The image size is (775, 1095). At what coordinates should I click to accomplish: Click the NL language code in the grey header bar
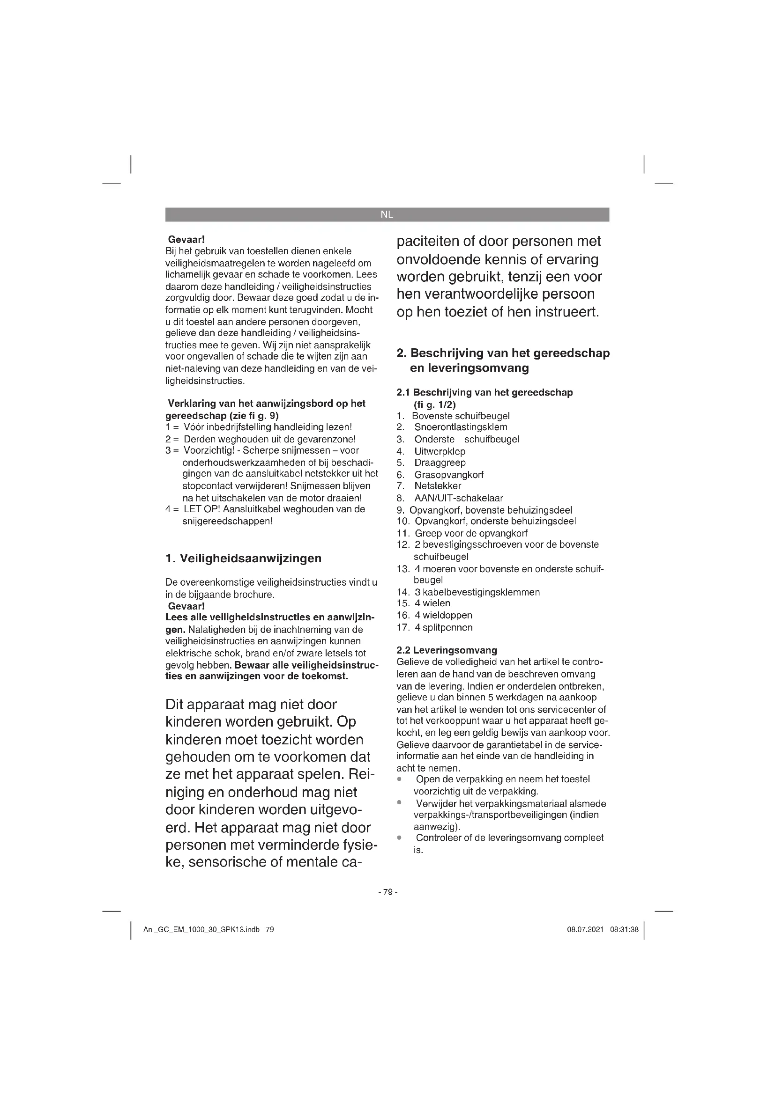[387, 214]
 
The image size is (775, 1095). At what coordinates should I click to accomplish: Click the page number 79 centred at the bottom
[387, 892]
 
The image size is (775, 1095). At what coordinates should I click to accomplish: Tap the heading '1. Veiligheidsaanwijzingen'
[243, 559]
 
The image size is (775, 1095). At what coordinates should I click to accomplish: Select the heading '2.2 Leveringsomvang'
[447, 650]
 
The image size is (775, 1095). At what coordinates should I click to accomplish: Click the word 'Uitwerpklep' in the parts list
[440, 451]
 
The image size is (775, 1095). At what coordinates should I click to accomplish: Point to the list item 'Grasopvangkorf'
[448, 475]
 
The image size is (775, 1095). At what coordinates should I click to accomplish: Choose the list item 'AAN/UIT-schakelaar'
[459, 498]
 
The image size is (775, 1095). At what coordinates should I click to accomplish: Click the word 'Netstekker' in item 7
[438, 486]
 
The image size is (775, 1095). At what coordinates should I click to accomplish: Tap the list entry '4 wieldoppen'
[443, 615]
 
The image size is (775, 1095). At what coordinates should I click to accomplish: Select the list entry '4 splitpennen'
[444, 627]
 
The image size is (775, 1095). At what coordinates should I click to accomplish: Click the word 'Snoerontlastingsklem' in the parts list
[461, 427]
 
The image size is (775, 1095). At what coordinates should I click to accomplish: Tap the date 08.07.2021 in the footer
[585, 930]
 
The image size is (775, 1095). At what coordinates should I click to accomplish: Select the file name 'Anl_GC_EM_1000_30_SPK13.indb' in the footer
[201, 930]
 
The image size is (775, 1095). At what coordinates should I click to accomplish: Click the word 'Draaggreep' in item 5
[440, 463]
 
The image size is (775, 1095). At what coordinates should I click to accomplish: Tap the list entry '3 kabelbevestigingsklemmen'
[477, 592]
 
